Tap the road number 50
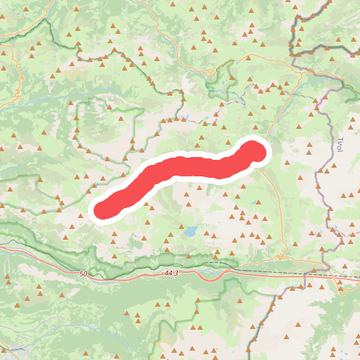pos(84,274)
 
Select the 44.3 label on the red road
pos(170,274)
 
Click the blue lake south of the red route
pos(191,231)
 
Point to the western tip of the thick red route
pos(102,208)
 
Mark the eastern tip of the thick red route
pos(256,151)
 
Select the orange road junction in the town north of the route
pos(208,73)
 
